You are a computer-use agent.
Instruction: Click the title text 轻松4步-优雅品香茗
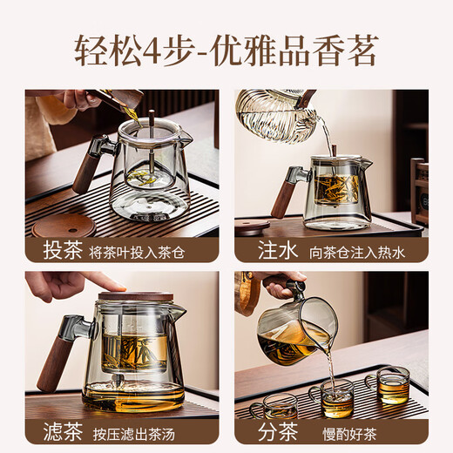pos(226,51)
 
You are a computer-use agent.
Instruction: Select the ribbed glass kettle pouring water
pos(270,113)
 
